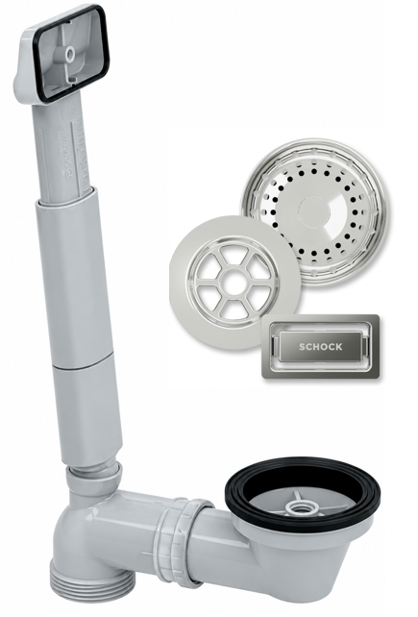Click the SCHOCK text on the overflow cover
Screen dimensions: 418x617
click(x=320, y=347)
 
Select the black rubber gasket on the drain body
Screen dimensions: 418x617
click(x=303, y=493)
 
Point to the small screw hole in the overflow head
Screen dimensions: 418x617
click(x=70, y=55)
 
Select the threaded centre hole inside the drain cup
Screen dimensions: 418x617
click(x=297, y=506)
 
